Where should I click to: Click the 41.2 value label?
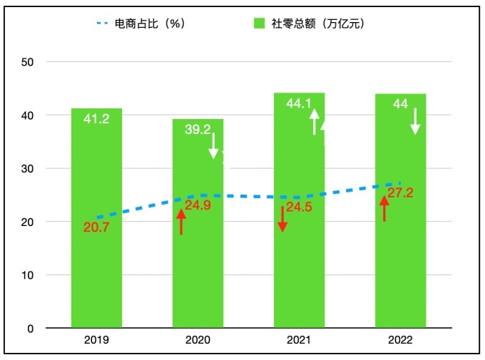[96, 119]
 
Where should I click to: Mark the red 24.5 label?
[300, 208]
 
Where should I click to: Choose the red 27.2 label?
[400, 193]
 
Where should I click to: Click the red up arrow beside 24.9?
[181, 218]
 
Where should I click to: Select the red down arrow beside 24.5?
[282, 218]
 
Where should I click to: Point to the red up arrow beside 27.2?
[384, 208]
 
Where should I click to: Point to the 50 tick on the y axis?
[28, 62]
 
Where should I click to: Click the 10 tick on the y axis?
[28, 275]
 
